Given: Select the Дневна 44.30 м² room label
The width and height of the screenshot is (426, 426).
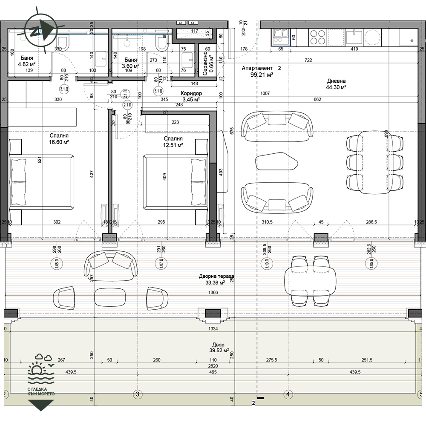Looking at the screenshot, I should click(336, 84).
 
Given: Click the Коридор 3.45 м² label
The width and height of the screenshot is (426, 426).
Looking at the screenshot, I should click(191, 96).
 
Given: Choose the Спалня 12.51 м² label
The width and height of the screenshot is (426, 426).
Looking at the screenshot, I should click(173, 142).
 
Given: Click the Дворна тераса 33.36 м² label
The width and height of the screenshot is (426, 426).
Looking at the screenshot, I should click(216, 279).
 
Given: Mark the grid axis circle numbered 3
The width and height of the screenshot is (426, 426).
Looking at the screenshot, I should click(137, 394).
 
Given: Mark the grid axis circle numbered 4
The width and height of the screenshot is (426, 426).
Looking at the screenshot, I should click(288, 394).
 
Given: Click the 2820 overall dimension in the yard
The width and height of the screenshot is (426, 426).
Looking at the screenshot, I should click(213, 366).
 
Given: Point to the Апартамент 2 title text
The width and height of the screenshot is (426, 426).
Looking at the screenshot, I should click(261, 71).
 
